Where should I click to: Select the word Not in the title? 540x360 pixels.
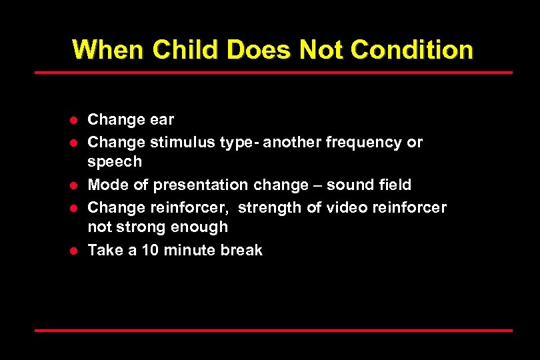pos(323,49)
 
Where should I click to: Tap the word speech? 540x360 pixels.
pos(115,162)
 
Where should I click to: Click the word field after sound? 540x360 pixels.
pos(395,185)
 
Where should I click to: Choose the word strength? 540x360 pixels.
pos(270,207)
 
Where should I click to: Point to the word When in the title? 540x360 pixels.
pos(108,49)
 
